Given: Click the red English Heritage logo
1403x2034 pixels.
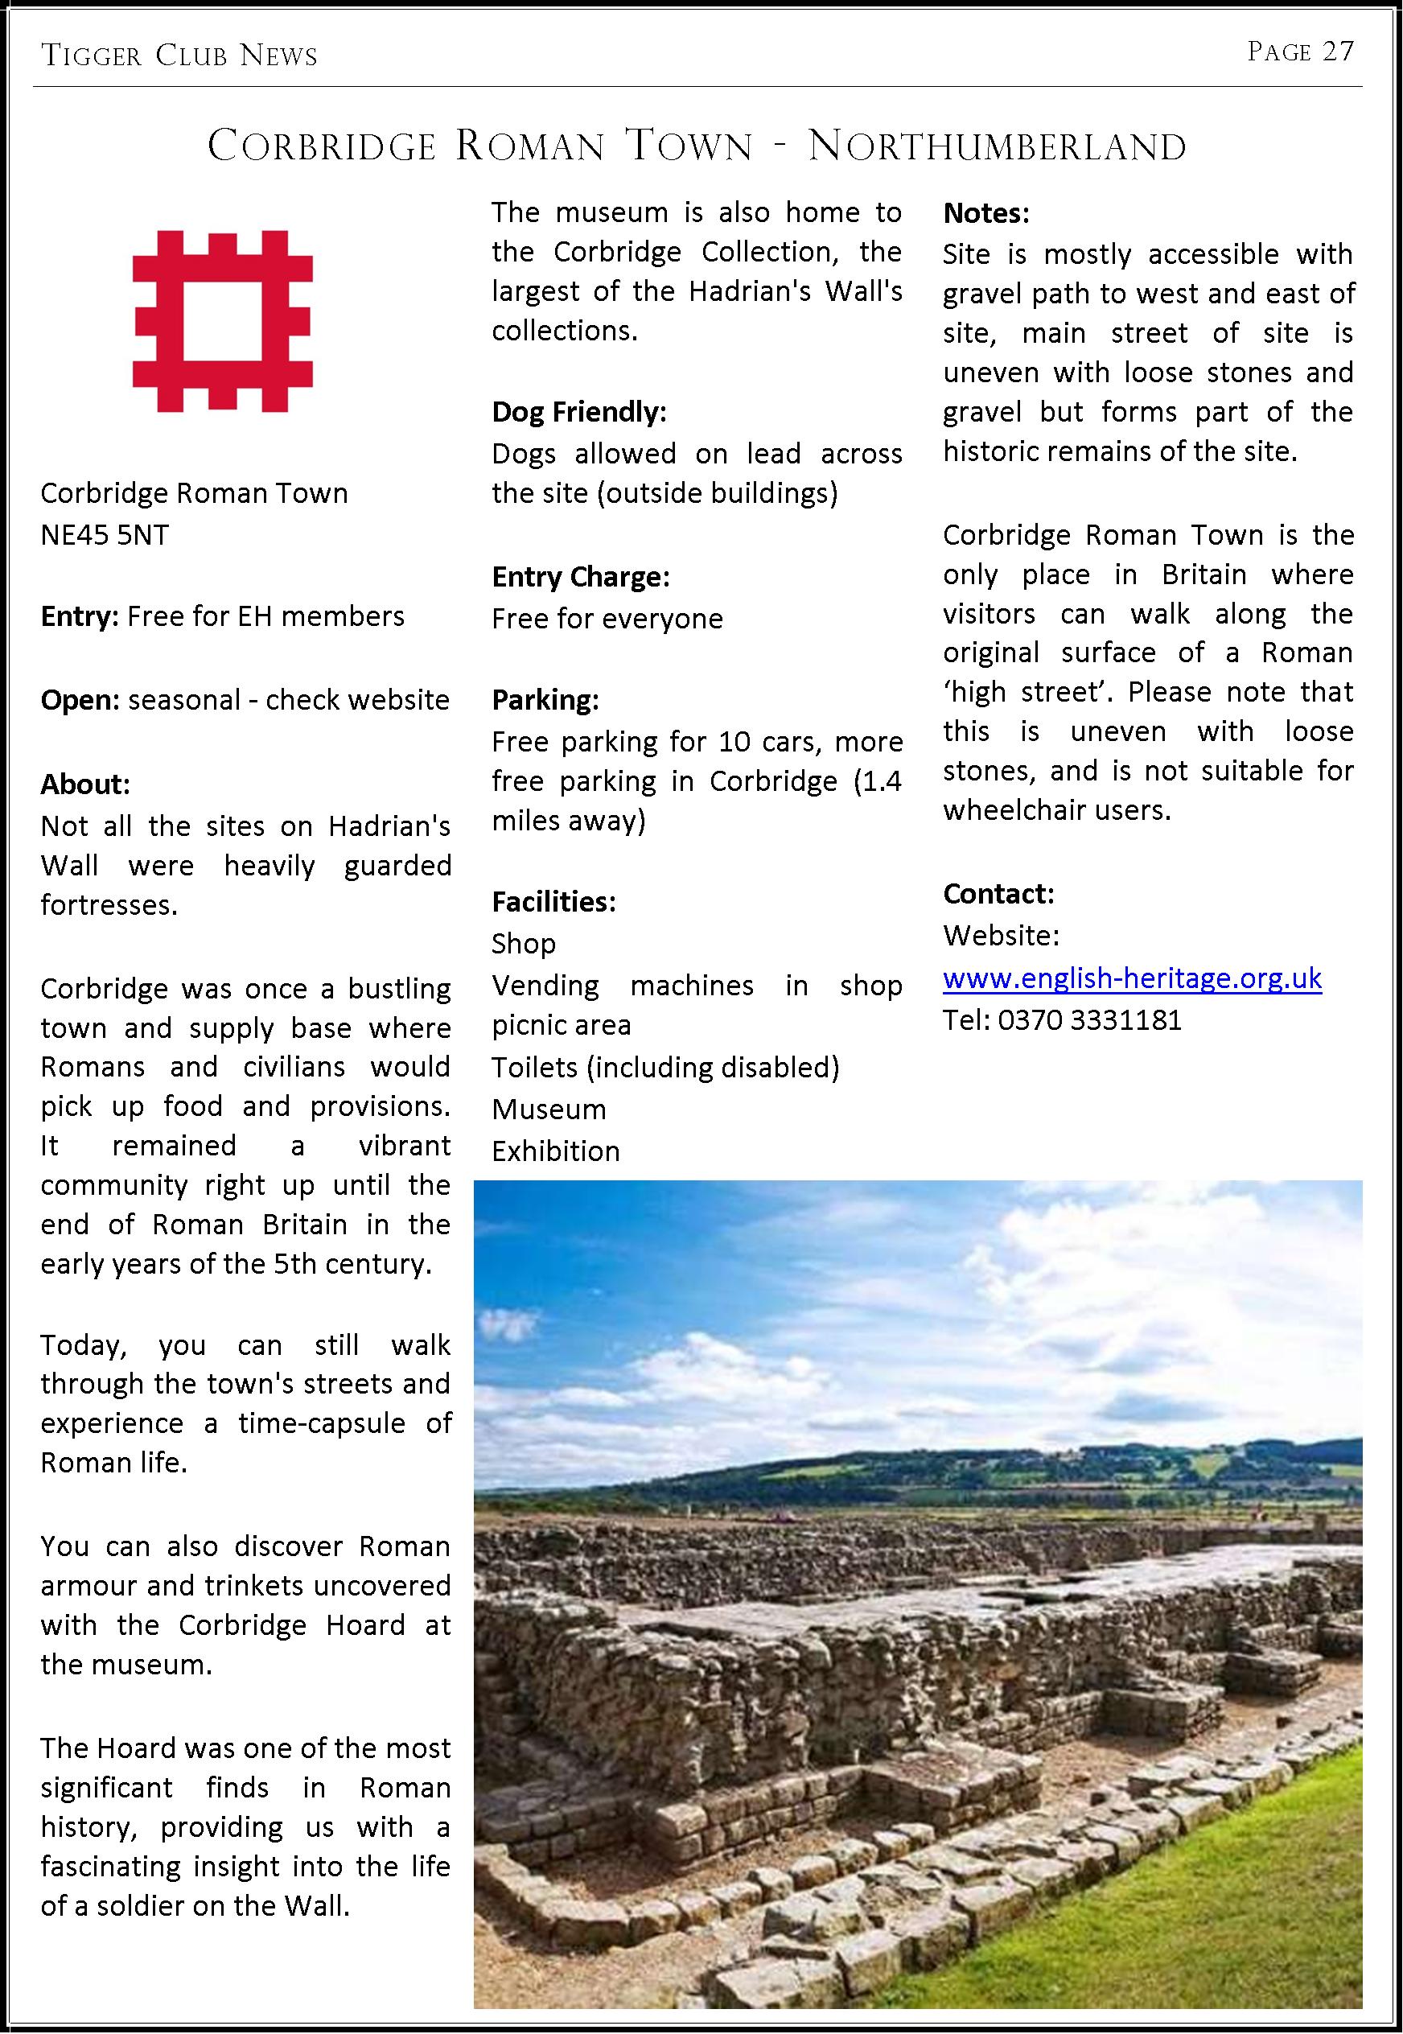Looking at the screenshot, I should tap(222, 321).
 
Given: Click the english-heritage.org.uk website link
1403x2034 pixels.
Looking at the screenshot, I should tap(1131, 978).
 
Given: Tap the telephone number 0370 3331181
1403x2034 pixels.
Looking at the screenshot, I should tap(1089, 1019).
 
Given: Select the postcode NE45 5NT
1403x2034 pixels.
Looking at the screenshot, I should tap(105, 534).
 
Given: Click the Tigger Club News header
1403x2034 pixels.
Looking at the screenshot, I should tap(179, 56).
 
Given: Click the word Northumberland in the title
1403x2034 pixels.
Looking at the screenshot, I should tap(997, 146).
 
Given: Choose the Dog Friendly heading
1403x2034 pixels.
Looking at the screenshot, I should tap(579, 411).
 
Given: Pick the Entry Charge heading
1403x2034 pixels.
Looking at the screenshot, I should tap(580, 577).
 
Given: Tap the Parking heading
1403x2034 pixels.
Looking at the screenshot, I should tap(545, 700).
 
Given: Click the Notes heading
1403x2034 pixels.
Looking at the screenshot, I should tap(985, 212).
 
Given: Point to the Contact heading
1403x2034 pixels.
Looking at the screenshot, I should tap(998, 893).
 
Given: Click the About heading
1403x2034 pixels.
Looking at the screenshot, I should tap(85, 783).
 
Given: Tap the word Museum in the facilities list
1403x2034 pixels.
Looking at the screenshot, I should tap(549, 1110).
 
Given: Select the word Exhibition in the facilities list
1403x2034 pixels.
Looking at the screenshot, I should tap(556, 1151).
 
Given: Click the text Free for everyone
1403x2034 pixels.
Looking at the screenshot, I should tap(607, 619).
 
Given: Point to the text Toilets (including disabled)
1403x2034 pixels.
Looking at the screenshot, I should tap(665, 1067).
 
